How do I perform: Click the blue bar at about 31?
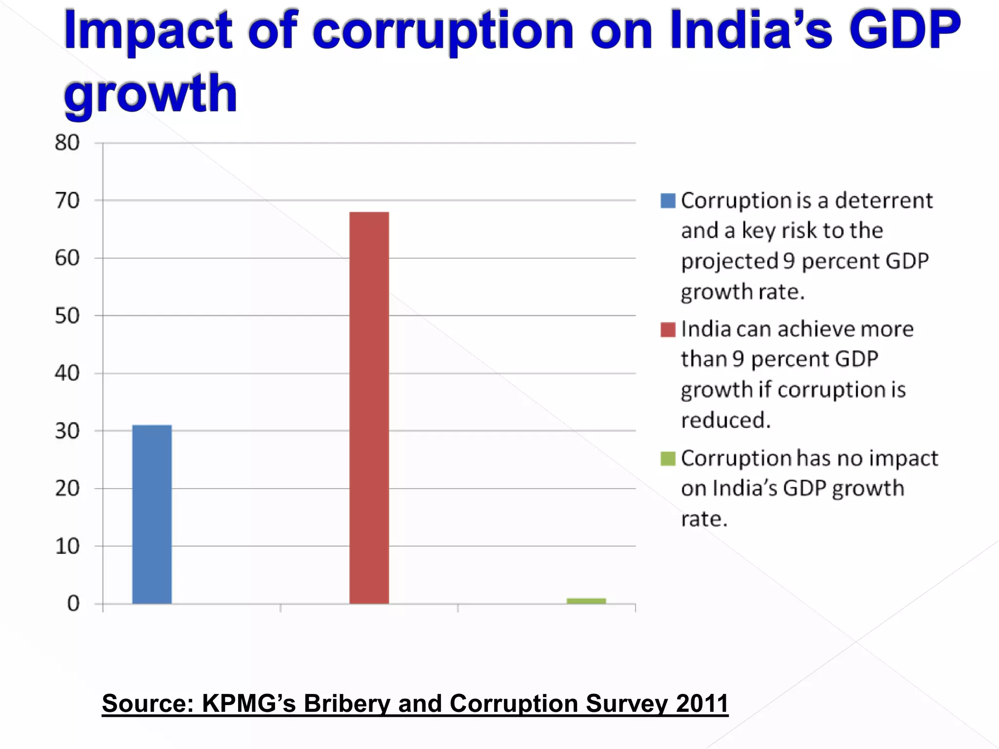click(x=152, y=514)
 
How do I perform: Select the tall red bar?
click(x=369, y=408)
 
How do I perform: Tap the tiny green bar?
click(x=586, y=601)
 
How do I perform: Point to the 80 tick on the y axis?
click(x=67, y=143)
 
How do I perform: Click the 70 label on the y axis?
click(x=67, y=200)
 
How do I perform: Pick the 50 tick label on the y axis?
click(x=67, y=316)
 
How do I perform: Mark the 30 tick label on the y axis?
click(x=67, y=431)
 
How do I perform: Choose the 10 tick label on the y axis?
click(x=67, y=546)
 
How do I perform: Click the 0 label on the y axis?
click(x=73, y=604)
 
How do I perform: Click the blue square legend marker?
click(x=668, y=201)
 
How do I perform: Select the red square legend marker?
click(x=668, y=330)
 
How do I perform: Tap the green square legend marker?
click(x=668, y=458)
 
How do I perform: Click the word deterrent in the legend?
click(x=884, y=200)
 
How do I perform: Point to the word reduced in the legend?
click(x=725, y=420)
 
